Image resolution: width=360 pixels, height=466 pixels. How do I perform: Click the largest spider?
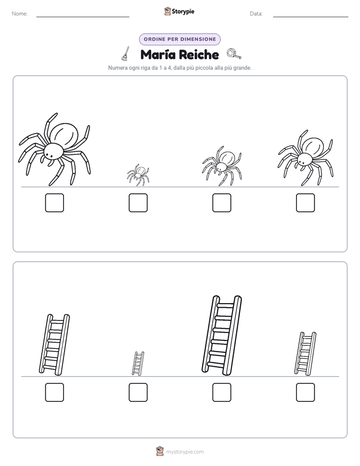point(54,149)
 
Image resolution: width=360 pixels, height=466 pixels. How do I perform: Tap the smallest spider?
point(138,175)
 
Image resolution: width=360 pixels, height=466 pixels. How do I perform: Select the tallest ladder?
point(221,335)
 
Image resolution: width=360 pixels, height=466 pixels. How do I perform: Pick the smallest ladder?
point(138,364)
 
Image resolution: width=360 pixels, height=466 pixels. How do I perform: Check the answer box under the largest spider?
point(54,203)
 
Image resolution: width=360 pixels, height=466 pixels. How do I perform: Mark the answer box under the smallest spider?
point(138,203)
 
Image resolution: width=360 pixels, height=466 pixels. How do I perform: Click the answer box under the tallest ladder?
point(221,392)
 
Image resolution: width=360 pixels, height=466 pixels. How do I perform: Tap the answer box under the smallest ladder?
point(138,392)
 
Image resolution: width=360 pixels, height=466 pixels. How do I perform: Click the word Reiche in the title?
point(199,54)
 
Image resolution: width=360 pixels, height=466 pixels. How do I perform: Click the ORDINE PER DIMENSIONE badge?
point(179,39)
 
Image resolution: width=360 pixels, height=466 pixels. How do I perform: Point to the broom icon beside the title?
point(126,53)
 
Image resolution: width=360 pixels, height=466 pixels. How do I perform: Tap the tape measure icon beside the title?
point(234,54)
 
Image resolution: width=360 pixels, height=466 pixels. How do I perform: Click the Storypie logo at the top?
point(179,11)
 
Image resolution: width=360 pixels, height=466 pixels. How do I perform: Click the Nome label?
point(20,14)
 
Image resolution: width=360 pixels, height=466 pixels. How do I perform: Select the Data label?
point(256,14)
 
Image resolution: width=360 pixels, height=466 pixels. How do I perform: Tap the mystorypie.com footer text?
point(185,452)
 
